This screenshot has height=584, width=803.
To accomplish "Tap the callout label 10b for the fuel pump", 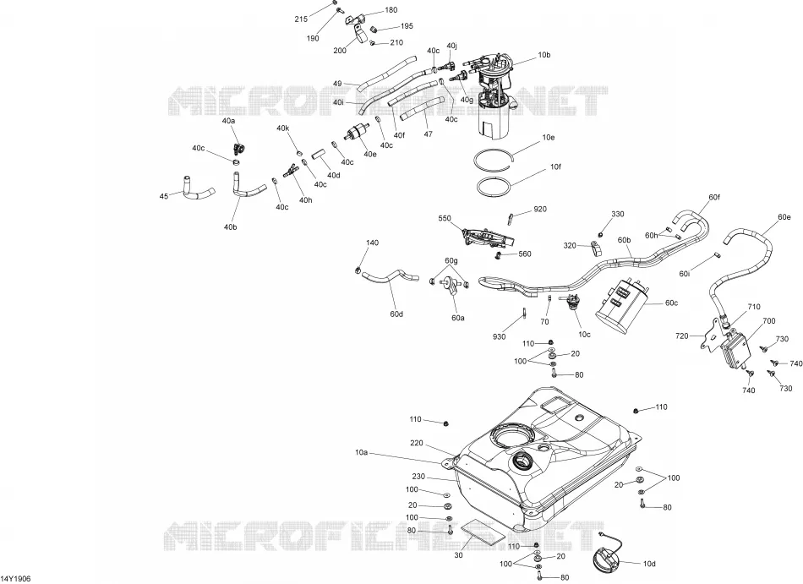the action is click(x=544, y=55).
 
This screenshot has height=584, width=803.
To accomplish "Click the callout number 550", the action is click(x=445, y=219).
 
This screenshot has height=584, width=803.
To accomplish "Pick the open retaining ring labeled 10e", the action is click(x=494, y=159).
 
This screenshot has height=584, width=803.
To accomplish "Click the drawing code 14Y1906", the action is click(x=16, y=578).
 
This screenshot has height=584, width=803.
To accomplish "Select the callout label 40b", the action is click(x=231, y=227).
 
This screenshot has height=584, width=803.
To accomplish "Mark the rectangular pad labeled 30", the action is click(x=481, y=532).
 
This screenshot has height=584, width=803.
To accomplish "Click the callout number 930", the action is click(x=499, y=336).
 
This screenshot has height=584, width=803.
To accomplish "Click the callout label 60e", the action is click(x=784, y=217).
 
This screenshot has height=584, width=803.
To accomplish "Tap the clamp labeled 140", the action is click(x=358, y=269).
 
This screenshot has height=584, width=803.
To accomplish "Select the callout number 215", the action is click(x=301, y=19).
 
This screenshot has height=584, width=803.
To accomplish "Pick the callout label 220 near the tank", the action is click(x=417, y=443).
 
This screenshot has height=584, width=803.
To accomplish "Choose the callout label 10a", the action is click(x=361, y=452).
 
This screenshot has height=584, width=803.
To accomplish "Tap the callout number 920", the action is click(x=540, y=209).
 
